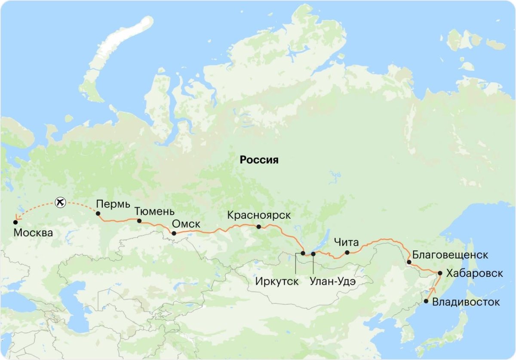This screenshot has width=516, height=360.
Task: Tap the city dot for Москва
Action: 15,222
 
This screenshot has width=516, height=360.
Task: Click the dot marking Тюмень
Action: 139,221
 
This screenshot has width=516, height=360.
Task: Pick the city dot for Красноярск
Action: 258,227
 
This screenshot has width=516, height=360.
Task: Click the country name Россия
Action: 259,160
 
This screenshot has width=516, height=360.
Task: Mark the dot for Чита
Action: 347,253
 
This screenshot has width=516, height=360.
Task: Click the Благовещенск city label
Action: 450,255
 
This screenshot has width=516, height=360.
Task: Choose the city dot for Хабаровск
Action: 440,273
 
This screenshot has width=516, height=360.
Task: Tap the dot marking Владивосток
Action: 426,301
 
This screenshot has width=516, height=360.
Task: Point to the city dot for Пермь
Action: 98,214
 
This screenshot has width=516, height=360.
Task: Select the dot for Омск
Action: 174,234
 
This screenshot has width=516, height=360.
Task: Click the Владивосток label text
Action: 466,302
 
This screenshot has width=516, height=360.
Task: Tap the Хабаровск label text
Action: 474,273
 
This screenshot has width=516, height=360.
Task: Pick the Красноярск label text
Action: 258,215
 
